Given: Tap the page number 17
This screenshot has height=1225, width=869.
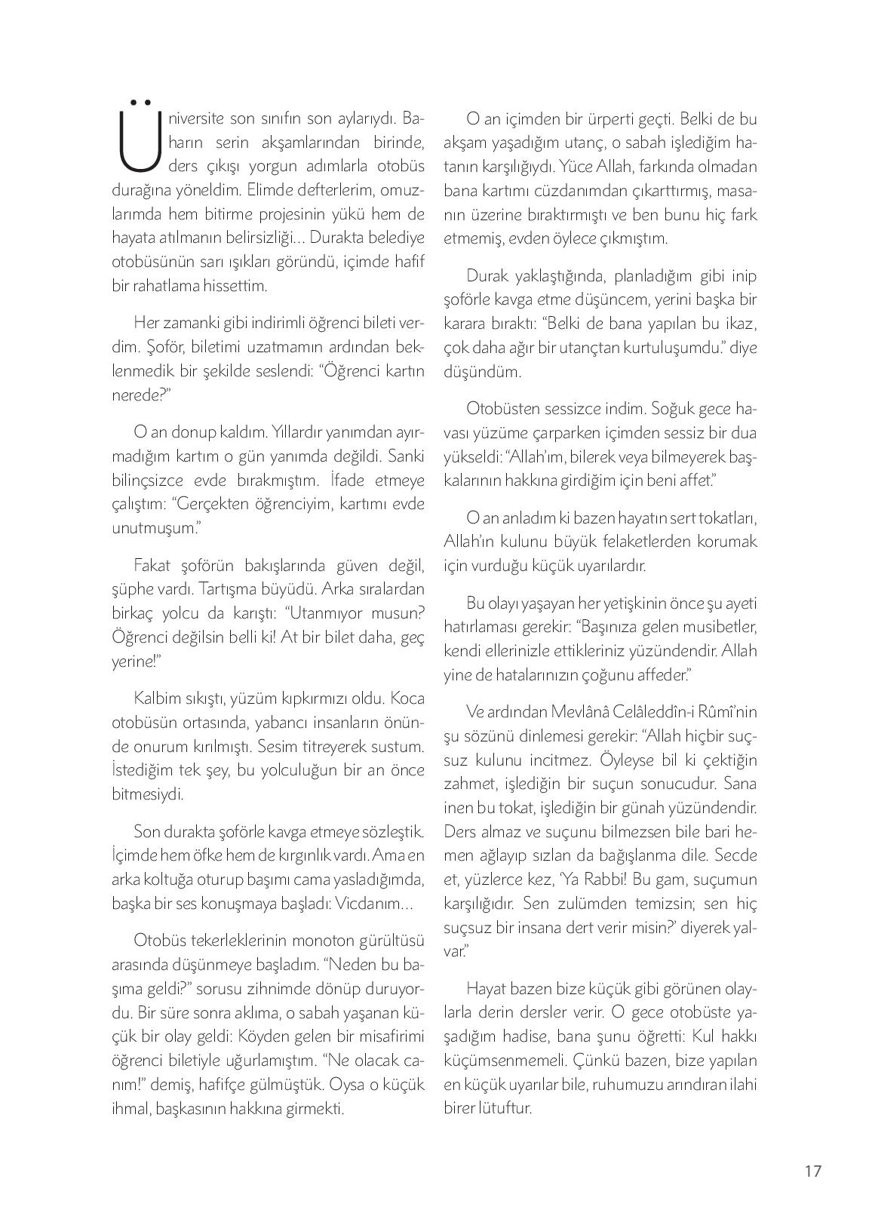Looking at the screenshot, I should [x=812, y=1171].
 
